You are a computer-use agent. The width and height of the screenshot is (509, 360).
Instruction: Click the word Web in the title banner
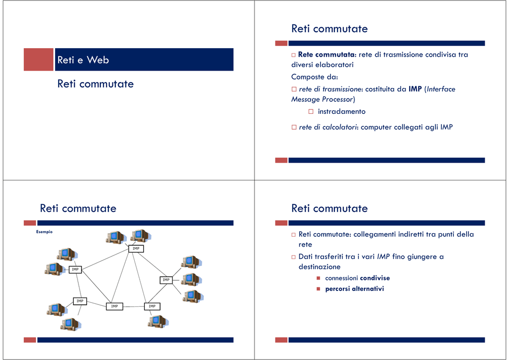click(98, 60)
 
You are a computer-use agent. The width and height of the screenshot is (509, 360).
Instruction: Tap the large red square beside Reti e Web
click(38, 59)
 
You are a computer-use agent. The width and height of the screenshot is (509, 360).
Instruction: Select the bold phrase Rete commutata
click(326, 55)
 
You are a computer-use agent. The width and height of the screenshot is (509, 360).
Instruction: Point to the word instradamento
click(341, 111)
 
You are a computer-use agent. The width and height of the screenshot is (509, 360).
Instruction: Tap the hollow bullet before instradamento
click(311, 111)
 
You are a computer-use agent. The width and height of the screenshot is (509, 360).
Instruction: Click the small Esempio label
click(44, 232)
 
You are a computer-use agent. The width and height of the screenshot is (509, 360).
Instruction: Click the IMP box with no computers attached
click(114, 306)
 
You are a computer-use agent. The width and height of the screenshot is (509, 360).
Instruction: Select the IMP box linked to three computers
click(166, 279)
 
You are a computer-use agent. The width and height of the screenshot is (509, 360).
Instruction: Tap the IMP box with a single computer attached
click(152, 306)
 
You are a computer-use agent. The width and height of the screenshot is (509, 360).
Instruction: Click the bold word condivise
click(375, 278)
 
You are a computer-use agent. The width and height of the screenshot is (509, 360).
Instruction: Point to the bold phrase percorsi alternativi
click(354, 288)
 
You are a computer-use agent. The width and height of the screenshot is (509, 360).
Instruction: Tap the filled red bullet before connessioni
click(319, 278)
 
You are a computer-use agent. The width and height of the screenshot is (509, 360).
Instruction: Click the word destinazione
click(320, 267)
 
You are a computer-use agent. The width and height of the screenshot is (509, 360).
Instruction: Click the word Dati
click(306, 257)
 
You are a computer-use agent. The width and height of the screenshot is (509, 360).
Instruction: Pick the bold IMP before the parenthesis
click(415, 89)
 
